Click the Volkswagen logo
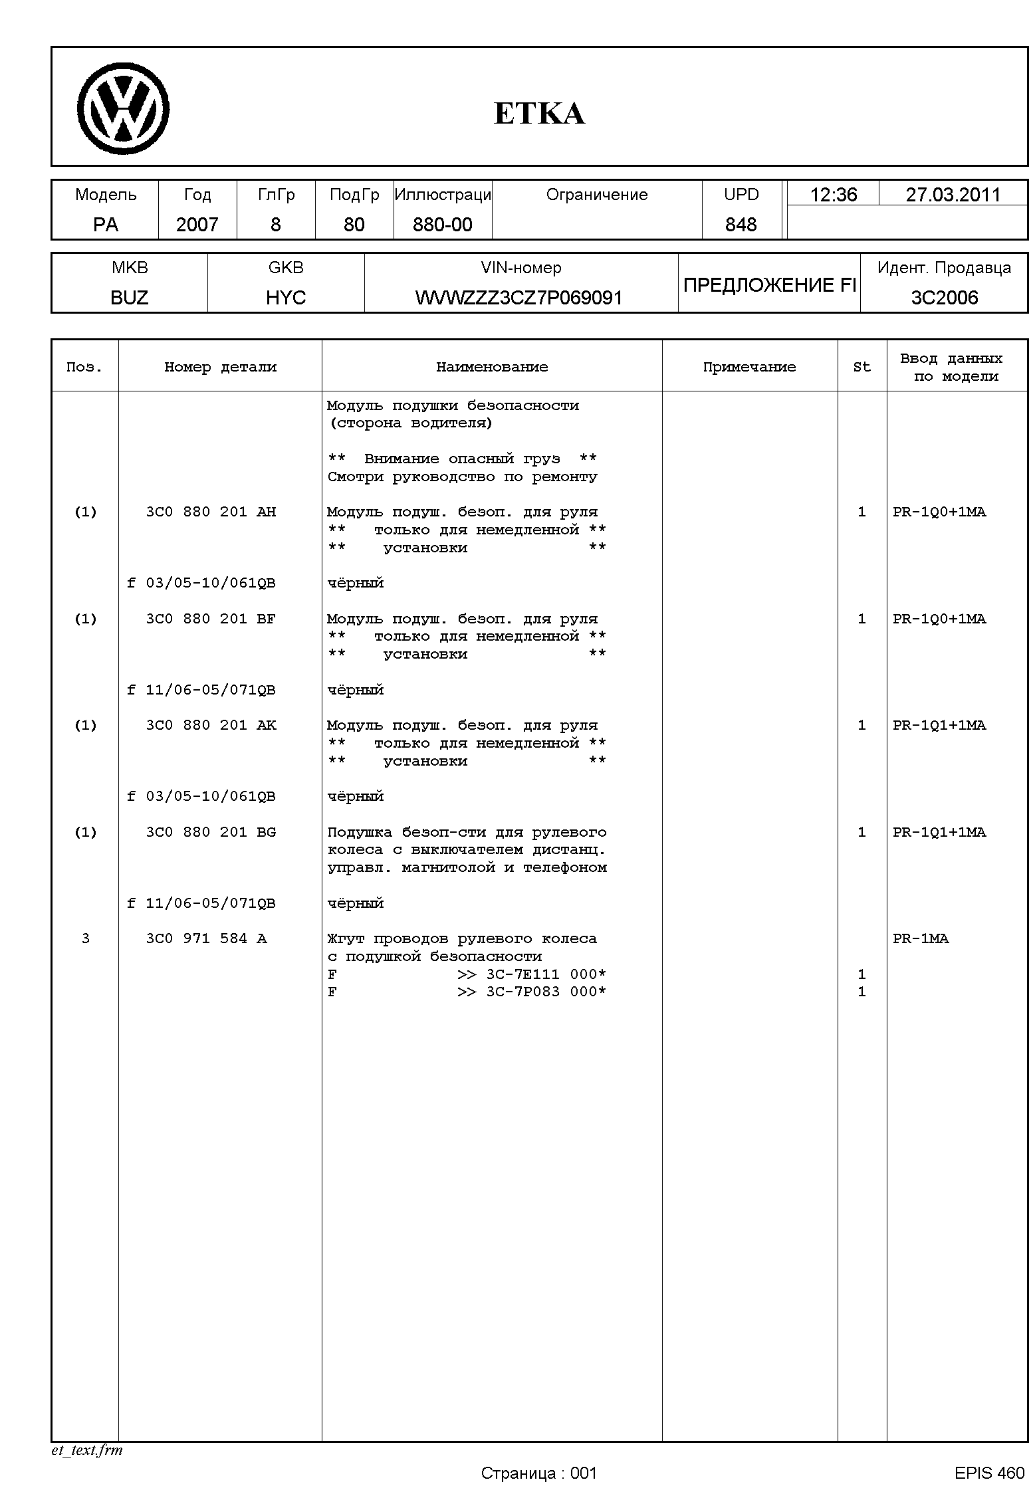[x=123, y=108]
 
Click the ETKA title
[x=539, y=113]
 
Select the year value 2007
[x=197, y=225]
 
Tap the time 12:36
[x=833, y=195]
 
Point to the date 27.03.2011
[x=953, y=195]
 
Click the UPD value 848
[x=741, y=225]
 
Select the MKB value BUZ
[x=130, y=297]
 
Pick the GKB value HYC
[x=286, y=297]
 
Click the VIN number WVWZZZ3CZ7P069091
[x=519, y=297]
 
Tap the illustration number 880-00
[x=442, y=225]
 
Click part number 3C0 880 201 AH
[x=211, y=512]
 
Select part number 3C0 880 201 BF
[x=211, y=619]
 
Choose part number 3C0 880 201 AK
[x=211, y=725]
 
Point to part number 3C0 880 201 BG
[x=211, y=832]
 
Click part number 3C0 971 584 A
[x=206, y=938]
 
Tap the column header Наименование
[x=492, y=367]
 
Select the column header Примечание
[x=749, y=367]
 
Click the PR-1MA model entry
[x=921, y=938]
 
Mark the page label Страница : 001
[x=539, y=1473]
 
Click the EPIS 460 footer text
[x=989, y=1473]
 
